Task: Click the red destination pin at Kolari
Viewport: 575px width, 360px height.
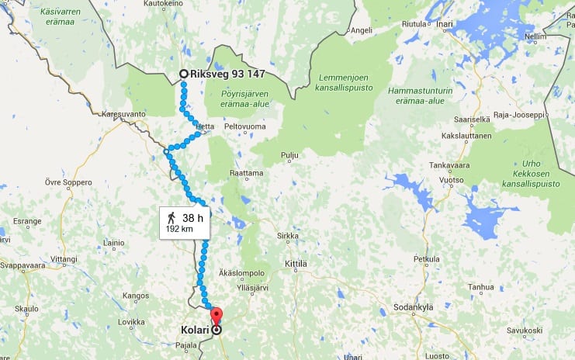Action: pos(216,317)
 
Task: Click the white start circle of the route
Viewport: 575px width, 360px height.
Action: pos(183,74)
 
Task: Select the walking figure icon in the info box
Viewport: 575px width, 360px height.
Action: pos(171,217)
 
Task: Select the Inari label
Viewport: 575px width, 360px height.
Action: pos(444,24)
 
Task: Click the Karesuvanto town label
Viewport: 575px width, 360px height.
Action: pos(123,114)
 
